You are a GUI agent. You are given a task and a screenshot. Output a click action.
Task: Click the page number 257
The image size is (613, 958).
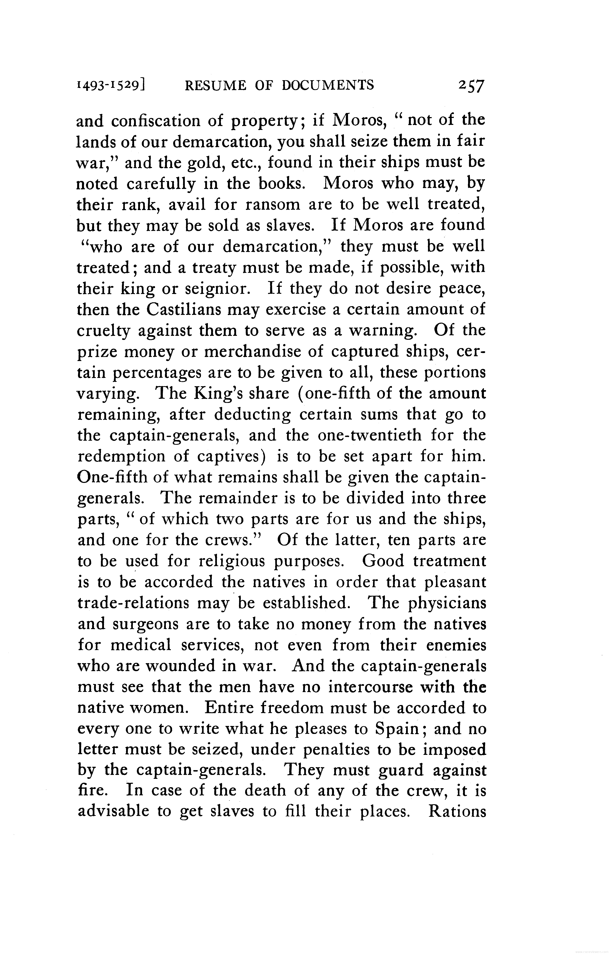471,86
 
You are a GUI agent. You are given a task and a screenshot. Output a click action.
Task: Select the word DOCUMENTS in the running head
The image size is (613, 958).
328,85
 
